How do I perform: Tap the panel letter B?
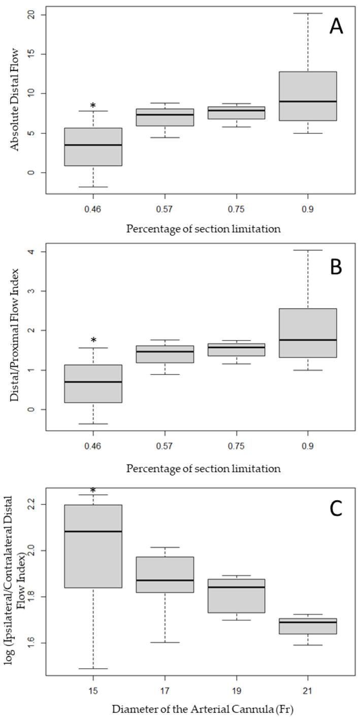point(336,267)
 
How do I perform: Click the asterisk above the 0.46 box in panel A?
point(93,106)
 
